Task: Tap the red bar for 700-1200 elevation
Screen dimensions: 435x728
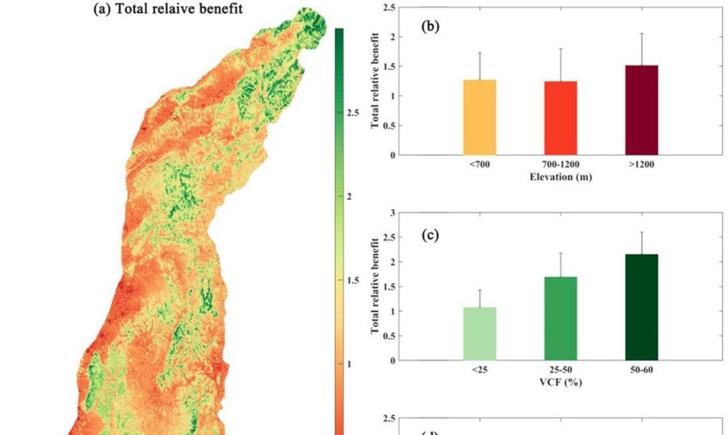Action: coord(560,118)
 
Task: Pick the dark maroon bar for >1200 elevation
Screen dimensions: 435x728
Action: coord(642,110)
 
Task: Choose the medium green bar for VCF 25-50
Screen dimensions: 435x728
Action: coord(560,319)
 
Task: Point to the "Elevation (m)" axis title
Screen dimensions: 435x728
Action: coord(560,177)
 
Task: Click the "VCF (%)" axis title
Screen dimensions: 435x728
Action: coord(560,381)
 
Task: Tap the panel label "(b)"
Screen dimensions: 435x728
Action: coord(430,26)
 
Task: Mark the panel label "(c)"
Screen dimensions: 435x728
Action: coord(430,235)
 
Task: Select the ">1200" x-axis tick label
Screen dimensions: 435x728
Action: coord(642,165)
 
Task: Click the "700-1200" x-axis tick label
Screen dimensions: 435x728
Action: coord(560,165)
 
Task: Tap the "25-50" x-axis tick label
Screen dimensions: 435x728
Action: coord(560,370)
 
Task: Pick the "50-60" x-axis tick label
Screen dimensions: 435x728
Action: coord(642,370)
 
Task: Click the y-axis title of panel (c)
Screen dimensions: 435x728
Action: coord(376,285)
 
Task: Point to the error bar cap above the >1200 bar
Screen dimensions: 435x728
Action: coord(642,33)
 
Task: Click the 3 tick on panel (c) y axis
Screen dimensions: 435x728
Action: coord(390,213)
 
